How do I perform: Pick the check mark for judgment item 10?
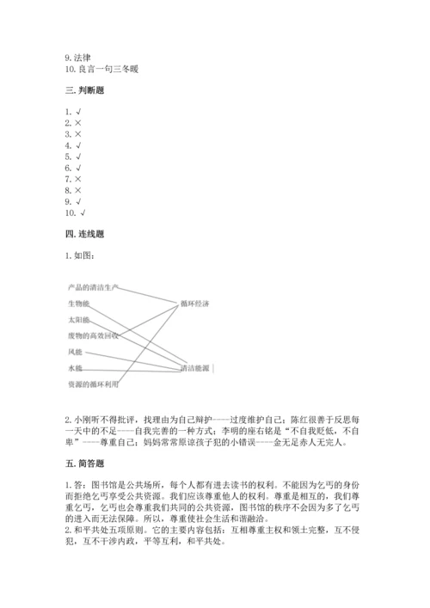click(83, 212)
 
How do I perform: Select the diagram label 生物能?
click(78, 304)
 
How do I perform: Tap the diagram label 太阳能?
click(78, 320)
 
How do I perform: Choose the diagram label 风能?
click(75, 352)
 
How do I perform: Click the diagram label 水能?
click(75, 368)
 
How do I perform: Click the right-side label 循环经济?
click(195, 304)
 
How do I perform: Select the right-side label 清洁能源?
click(195, 368)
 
